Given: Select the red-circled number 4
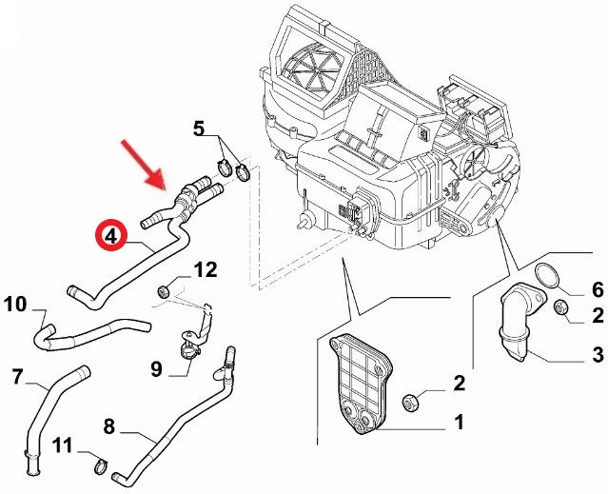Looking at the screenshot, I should pos(111,235).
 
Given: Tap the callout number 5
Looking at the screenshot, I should pos(199,128).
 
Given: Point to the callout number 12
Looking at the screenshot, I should pos(206,271).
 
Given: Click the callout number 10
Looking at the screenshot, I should pos(16,305).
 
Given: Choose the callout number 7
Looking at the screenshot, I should pos(16,378).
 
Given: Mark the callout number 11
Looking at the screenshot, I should pos(61,445).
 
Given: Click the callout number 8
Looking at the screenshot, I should pos(108,427).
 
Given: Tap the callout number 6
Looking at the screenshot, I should pos(598,289).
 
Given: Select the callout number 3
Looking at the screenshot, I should pos(598,355).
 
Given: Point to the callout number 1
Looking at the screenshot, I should pos(459,420).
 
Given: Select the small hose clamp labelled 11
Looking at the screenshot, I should pos(101,464).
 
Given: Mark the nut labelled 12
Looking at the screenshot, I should pos(165,289).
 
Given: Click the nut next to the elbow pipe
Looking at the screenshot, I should pos(560,307).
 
